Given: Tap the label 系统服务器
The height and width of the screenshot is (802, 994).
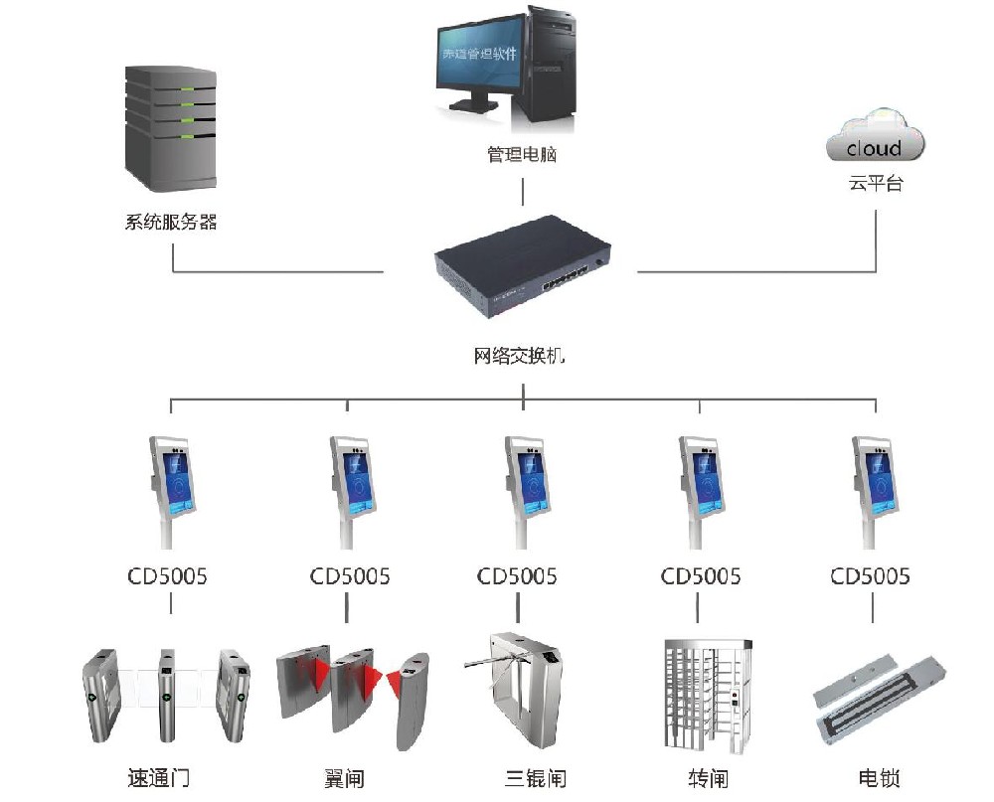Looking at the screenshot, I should click(171, 222).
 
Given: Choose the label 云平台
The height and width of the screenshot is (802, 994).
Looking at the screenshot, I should click(876, 183).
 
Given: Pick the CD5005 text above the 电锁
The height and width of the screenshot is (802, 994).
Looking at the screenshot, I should click(871, 576).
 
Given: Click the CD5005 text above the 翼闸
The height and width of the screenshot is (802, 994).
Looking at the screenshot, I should click(350, 576).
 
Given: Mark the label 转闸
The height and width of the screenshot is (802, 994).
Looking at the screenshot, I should click(708, 778).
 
